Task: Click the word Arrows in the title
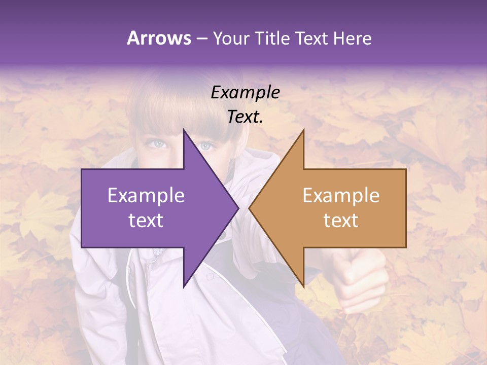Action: tap(159, 38)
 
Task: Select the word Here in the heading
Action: tap(352, 38)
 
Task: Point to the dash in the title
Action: tap(201, 39)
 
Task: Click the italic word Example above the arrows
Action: tap(245, 93)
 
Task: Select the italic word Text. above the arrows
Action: tap(245, 117)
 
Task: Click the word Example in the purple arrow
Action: tap(146, 196)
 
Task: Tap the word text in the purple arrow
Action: tap(146, 221)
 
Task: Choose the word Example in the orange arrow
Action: tap(341, 196)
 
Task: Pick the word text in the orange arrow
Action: tap(341, 221)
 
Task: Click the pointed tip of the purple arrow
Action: tap(238, 208)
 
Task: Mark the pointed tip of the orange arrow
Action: tap(249, 208)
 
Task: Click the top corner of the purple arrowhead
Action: tap(184, 129)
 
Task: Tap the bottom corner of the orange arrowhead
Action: tap(304, 287)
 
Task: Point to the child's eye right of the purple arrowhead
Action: tap(205, 146)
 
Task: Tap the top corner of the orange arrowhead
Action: tap(304, 129)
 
